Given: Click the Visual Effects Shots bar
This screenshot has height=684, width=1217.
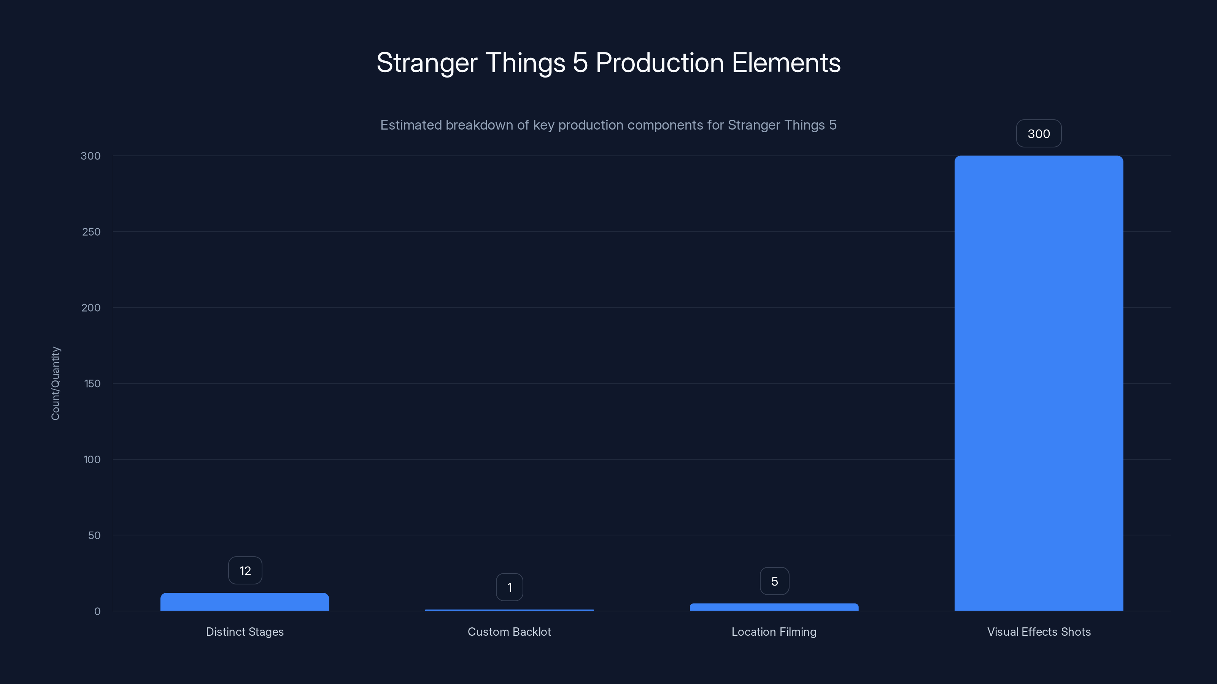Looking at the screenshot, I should (x=1038, y=382).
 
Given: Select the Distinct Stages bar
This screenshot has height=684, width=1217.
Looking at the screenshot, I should (x=244, y=602).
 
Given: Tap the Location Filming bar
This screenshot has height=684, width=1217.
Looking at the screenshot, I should (x=774, y=607).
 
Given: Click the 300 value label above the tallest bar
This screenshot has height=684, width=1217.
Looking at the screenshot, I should (x=1038, y=134).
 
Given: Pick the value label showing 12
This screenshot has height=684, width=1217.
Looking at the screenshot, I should (x=245, y=571).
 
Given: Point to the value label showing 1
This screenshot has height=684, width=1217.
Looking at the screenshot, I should (x=509, y=587).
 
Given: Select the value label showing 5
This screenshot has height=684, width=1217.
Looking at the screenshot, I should (x=774, y=581).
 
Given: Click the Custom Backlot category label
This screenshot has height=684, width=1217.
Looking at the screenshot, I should (x=509, y=632).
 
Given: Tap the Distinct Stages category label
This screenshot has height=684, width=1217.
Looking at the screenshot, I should (x=245, y=632).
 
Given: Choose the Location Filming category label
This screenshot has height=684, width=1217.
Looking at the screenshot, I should (x=774, y=632).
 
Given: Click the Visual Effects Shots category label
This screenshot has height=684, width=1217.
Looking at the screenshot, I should (x=1038, y=632).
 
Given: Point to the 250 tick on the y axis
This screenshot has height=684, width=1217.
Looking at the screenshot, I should (x=91, y=232).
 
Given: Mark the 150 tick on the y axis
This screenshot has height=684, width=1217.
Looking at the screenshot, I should (x=92, y=384).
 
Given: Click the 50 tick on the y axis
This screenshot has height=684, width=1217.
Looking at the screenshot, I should (x=94, y=535).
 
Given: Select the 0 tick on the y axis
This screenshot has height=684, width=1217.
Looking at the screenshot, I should (x=97, y=611).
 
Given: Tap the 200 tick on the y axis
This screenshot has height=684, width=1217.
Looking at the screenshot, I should (x=91, y=308).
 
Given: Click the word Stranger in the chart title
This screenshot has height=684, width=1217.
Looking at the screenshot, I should (x=427, y=63).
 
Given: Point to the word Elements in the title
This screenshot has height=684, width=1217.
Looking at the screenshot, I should (x=786, y=63).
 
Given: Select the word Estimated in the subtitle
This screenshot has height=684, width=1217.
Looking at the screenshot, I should (x=411, y=125).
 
